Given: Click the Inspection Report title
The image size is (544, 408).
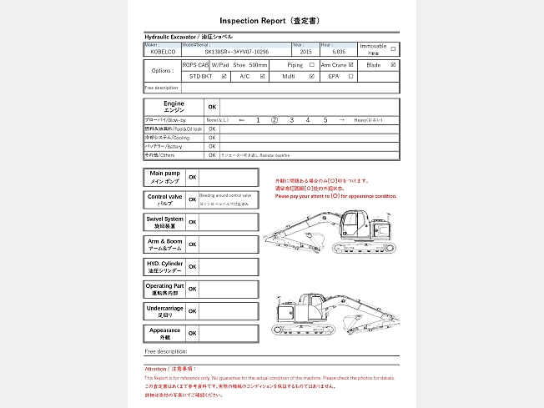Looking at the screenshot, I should pyautogui.click(x=272, y=20).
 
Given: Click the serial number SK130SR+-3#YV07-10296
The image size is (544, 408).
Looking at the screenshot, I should pyautogui.click(x=237, y=52).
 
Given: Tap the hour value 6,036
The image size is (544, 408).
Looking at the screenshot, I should pyautogui.click(x=338, y=52).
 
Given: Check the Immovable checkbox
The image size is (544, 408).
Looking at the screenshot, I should pyautogui.click(x=394, y=48).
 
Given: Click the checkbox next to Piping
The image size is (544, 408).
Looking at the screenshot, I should pyautogui.click(x=312, y=64).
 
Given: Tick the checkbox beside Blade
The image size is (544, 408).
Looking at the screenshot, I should pyautogui.click(x=394, y=64).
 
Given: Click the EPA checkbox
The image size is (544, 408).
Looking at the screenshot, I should pyautogui.click(x=351, y=76).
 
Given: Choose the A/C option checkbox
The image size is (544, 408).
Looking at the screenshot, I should pyautogui.click(x=263, y=76).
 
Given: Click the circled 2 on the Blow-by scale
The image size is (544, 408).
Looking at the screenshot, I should pyautogui.click(x=275, y=120).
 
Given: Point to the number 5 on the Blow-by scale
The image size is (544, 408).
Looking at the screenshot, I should pyautogui.click(x=325, y=120).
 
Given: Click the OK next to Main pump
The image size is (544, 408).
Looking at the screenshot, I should pyautogui.click(x=192, y=177).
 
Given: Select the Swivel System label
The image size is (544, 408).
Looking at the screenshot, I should pyautogui.click(x=164, y=222).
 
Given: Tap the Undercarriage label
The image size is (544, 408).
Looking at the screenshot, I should pyautogui.click(x=164, y=310).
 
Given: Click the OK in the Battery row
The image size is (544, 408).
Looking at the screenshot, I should pyautogui.click(x=212, y=146).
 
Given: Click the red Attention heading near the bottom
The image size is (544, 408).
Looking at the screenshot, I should pyautogui.click(x=170, y=368).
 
